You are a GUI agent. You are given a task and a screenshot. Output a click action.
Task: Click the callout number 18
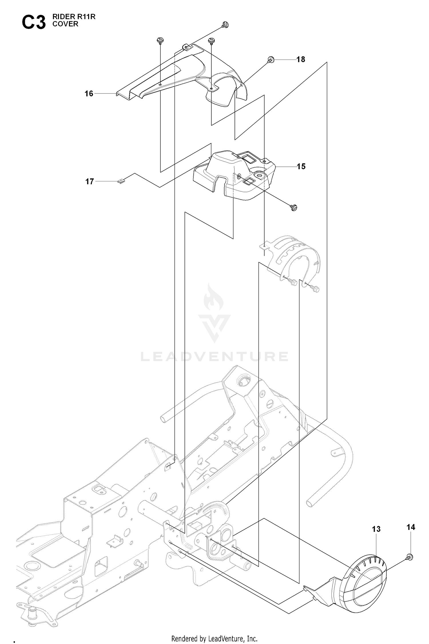pyautogui.click(x=301, y=60)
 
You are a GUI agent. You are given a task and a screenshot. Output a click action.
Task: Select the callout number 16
pyautogui.click(x=89, y=94)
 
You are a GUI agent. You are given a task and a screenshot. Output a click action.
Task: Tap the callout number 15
pyautogui.click(x=301, y=167)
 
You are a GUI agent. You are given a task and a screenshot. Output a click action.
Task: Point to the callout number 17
pyautogui.click(x=90, y=181)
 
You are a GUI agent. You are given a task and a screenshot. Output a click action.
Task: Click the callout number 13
pyautogui.click(x=376, y=529)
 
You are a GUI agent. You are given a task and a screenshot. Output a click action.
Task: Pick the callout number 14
pyautogui.click(x=411, y=527)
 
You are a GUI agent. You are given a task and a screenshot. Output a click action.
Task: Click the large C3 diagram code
pyautogui.click(x=34, y=23)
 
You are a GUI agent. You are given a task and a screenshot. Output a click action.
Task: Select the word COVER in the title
pyautogui.click(x=65, y=24)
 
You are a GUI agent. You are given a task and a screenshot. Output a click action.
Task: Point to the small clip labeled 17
pyautogui.click(x=122, y=181)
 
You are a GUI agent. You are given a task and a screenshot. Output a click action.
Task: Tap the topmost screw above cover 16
pyautogui.click(x=225, y=25)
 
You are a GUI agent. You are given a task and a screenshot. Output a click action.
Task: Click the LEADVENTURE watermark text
pyautogui.click(x=214, y=356)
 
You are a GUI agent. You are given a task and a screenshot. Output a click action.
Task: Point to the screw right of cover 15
pyautogui.click(x=294, y=207)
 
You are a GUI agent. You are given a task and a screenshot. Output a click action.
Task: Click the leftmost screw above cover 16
pyautogui.click(x=160, y=41)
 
